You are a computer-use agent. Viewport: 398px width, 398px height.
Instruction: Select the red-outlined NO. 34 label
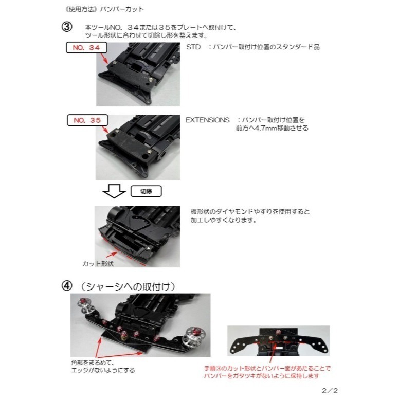pos(86,48)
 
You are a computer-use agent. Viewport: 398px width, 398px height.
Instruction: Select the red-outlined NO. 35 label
pos(86,120)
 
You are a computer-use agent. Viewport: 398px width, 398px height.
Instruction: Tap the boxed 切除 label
pos(146,191)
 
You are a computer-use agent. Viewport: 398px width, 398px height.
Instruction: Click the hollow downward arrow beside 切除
pos(114,191)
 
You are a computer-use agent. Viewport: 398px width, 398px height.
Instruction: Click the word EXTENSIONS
pos(207,119)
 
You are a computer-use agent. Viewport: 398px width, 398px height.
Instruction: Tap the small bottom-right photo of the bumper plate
pos(278,341)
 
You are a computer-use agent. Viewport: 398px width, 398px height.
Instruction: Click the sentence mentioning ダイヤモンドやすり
pos(250,211)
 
